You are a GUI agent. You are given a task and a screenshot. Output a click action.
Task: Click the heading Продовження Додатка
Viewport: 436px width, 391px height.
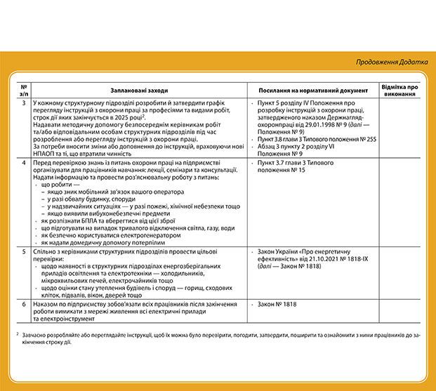pyautogui.click(x=391, y=62)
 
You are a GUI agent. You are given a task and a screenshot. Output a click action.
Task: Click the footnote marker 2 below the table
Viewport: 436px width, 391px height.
pyautogui.click(x=17, y=333)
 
